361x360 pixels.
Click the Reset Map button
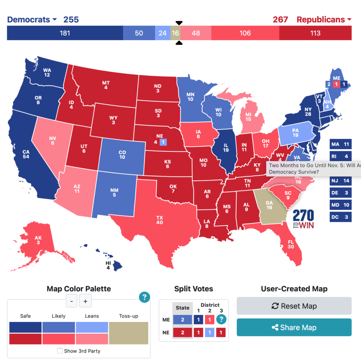(294, 306)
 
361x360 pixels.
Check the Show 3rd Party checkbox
(60, 351)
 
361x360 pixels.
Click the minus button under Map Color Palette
(71, 301)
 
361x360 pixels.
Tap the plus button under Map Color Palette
(85, 301)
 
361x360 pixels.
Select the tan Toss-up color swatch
(128, 333)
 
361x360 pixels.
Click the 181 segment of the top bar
(65, 33)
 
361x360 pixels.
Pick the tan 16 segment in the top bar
(175, 33)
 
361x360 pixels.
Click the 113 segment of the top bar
(315, 33)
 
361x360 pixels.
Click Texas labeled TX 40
(160, 220)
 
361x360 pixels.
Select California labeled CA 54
(26, 155)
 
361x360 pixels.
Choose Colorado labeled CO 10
(122, 155)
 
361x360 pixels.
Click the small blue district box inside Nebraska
(163, 142)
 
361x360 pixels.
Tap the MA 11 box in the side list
(340, 144)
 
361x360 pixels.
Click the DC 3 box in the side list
(340, 217)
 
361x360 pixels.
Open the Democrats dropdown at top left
(32, 19)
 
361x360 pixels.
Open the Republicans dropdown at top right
(324, 19)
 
